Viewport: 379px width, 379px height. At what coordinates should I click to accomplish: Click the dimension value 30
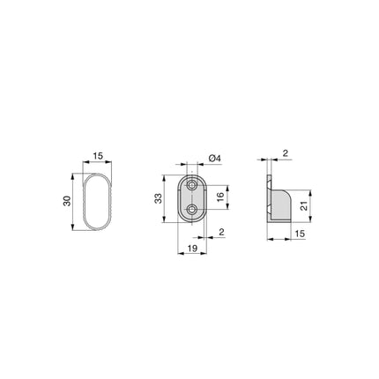pyautogui.click(x=67, y=201)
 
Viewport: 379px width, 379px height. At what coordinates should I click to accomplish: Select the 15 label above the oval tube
pyautogui.click(x=98, y=156)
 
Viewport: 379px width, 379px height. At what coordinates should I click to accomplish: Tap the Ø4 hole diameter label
pyautogui.click(x=214, y=159)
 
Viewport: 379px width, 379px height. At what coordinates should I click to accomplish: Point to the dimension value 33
pyautogui.click(x=158, y=198)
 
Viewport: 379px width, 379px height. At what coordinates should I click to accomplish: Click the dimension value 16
pyautogui.click(x=220, y=196)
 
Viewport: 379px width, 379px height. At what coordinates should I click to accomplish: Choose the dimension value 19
pyautogui.click(x=192, y=249)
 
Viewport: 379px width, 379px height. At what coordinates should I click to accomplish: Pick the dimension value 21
pyautogui.click(x=304, y=205)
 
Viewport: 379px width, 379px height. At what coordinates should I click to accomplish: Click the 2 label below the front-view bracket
pyautogui.click(x=222, y=232)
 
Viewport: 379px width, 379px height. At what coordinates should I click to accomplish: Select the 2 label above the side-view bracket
pyautogui.click(x=286, y=153)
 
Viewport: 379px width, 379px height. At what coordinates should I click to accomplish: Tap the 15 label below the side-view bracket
pyautogui.click(x=300, y=234)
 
